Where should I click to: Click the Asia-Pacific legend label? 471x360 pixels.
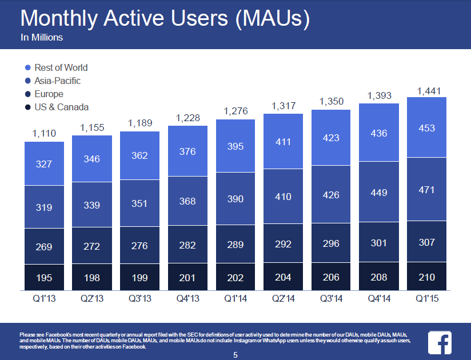click(57, 81)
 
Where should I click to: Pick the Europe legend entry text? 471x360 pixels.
click(49, 94)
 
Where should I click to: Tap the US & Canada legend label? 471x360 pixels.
click(61, 107)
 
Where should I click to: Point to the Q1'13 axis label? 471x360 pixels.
click(44, 298)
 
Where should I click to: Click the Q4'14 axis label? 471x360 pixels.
click(379, 298)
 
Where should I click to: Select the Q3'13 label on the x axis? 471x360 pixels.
click(139, 298)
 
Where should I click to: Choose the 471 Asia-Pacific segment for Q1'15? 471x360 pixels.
click(426, 189)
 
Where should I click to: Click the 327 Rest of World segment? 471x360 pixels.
click(44, 164)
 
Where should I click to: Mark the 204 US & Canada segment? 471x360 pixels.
click(283, 278)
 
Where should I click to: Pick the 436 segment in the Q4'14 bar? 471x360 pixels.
click(379, 133)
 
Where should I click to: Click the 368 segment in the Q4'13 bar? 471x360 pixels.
click(187, 201)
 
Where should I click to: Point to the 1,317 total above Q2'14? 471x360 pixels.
click(283, 107)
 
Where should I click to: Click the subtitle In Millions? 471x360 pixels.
click(42, 38)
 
